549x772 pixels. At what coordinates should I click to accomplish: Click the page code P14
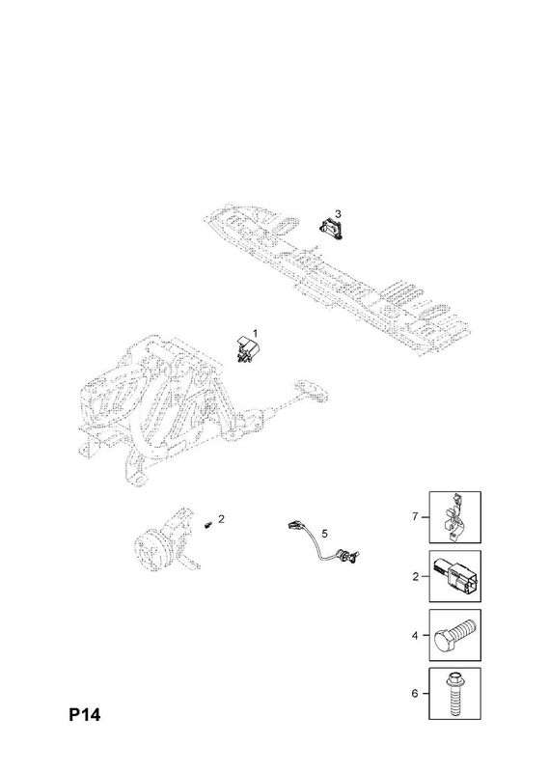coord(84,714)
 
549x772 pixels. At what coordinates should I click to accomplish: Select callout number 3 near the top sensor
coord(338,213)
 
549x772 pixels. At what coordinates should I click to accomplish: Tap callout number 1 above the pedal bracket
coord(255,333)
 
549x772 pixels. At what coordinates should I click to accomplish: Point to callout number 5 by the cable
coord(324,534)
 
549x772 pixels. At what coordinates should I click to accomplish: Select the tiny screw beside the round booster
coord(207,524)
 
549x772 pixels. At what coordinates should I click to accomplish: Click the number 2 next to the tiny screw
coord(222,518)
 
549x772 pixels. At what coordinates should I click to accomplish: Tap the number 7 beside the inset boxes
coord(415,516)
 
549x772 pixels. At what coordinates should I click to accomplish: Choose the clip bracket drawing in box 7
coord(454,516)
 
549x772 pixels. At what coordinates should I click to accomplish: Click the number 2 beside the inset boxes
coord(415,576)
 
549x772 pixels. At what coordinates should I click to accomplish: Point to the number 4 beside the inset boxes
coord(415,635)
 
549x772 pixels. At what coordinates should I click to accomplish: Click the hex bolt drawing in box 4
coord(454,635)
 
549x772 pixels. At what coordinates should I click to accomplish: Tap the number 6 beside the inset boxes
coord(415,693)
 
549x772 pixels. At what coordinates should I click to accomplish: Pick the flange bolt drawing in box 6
coord(454,694)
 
